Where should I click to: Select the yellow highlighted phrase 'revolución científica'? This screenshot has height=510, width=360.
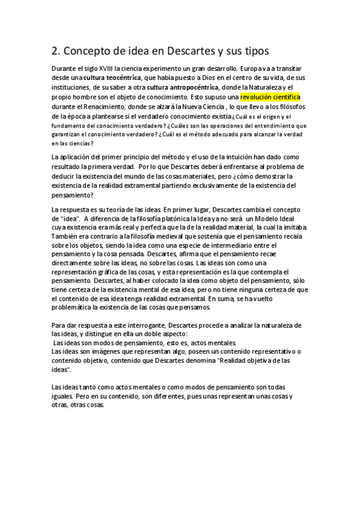tap(270, 96)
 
